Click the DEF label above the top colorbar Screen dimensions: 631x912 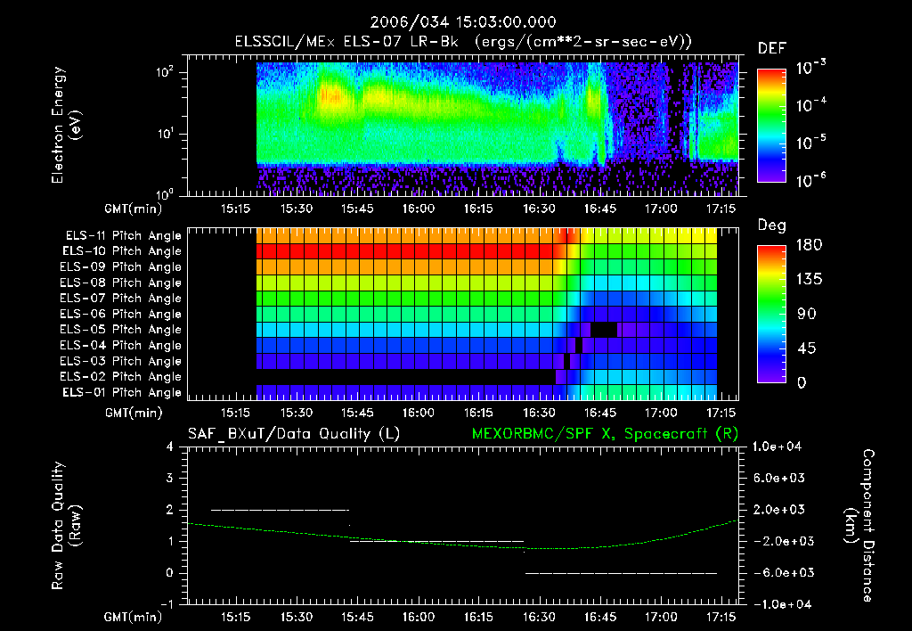pos(771,48)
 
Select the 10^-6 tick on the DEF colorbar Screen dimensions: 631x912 pos(813,179)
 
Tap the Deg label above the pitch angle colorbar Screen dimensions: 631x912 pos(771,226)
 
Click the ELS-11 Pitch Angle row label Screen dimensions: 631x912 pos(123,235)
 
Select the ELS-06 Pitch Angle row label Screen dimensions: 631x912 pos(123,314)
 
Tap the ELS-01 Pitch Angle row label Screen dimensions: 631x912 pos(123,392)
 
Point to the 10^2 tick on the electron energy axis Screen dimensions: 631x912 pos(170,72)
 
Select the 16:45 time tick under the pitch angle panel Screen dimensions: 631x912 pos(600,413)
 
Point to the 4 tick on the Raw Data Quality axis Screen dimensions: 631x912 pos(171,447)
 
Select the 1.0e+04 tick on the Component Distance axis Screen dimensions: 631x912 pos(779,447)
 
